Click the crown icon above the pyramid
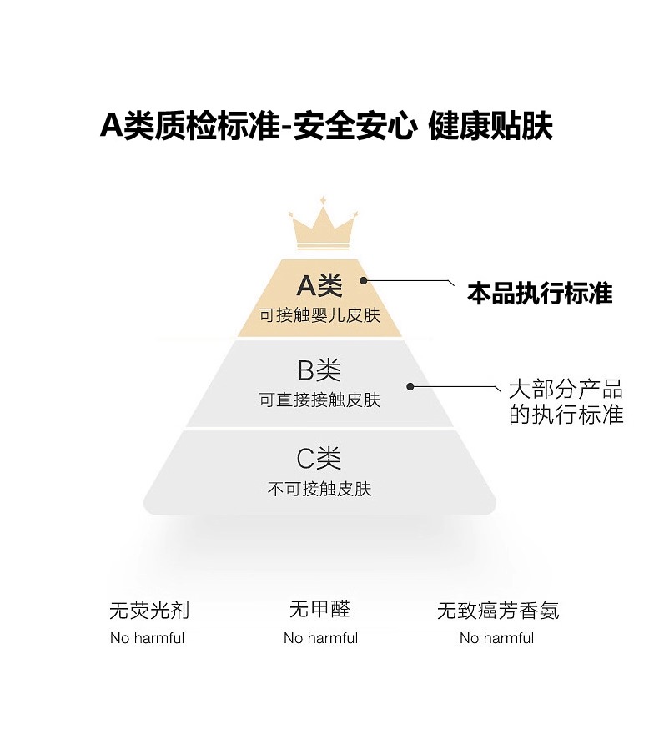pos(323,226)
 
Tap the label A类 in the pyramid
pos(319,286)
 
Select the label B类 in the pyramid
pos(319,370)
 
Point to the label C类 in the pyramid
pos(319,458)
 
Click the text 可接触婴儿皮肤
pos(319,316)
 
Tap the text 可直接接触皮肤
pos(319,400)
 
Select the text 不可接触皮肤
pos(319,490)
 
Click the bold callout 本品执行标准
pos(540,294)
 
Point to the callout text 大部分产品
pos(566,390)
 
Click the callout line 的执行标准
pos(566,415)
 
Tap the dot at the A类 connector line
pos(365,282)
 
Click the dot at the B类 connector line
pos(410,385)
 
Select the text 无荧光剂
pos(149,611)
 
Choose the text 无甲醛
pos(319,610)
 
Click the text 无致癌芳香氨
pos(498,611)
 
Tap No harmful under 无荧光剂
pos(148,638)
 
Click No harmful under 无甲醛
pos(320,638)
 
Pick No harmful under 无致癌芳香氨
pos(496,638)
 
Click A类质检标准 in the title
pos(189,127)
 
